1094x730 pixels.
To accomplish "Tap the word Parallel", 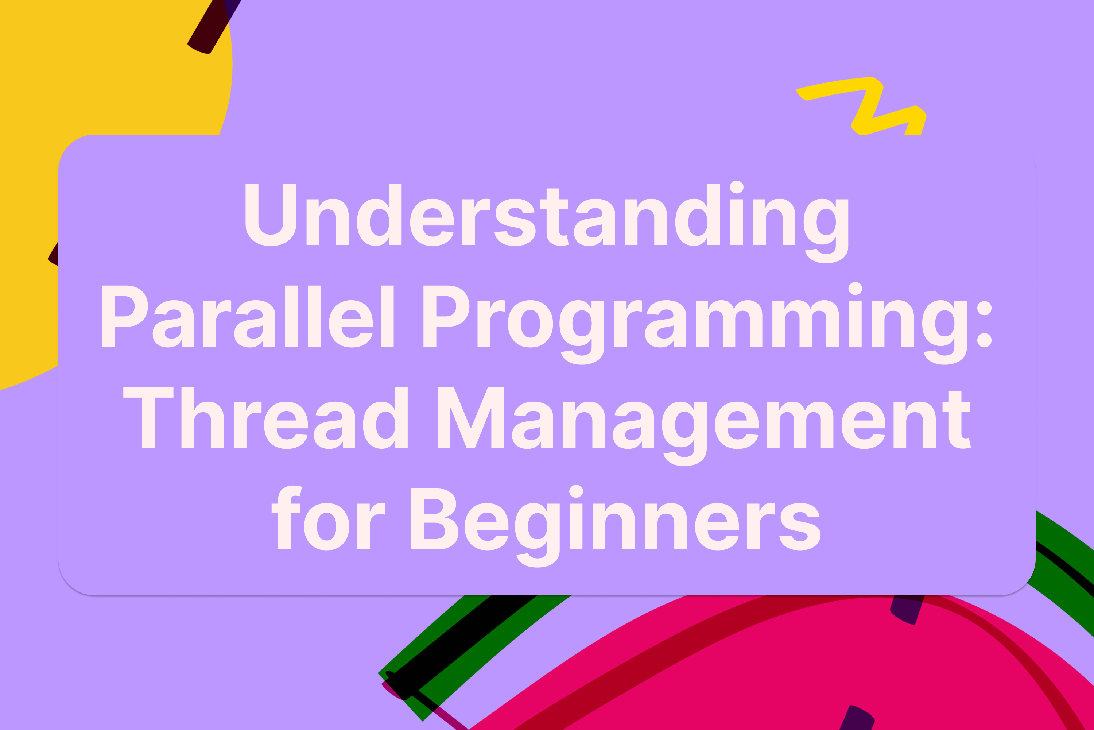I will [x=248, y=317].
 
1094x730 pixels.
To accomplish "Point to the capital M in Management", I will [x=470, y=418].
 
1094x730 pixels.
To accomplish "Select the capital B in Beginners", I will [x=434, y=519].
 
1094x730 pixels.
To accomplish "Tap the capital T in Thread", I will [x=148, y=418].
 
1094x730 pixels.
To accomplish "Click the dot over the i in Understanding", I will [x=737, y=187].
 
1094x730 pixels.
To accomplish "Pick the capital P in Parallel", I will [x=124, y=316].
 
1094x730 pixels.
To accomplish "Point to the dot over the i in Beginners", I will [x=576, y=491].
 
